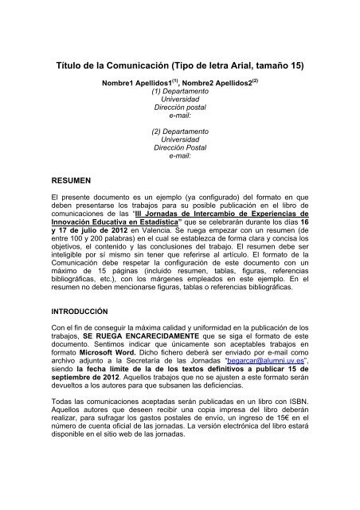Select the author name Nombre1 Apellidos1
134,82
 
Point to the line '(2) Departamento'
179,128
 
